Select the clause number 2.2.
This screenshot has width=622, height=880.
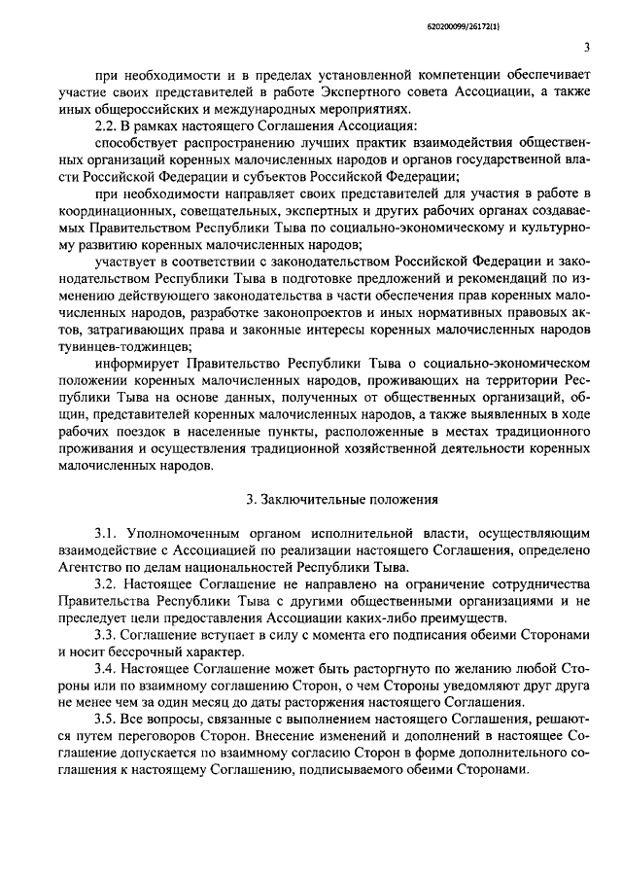[x=105, y=125]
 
